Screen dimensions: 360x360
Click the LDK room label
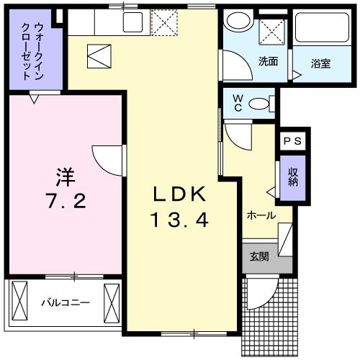tap(180, 194)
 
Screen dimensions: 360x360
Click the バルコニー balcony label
tap(65, 302)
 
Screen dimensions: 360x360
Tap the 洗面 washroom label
tap(268, 61)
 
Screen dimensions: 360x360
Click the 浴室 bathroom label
tap(321, 62)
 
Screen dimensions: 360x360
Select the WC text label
tap(237, 104)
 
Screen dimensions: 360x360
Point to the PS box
tap(294, 141)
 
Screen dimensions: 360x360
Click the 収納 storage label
tap(293, 177)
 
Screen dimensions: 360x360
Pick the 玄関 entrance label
tap(259, 257)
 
